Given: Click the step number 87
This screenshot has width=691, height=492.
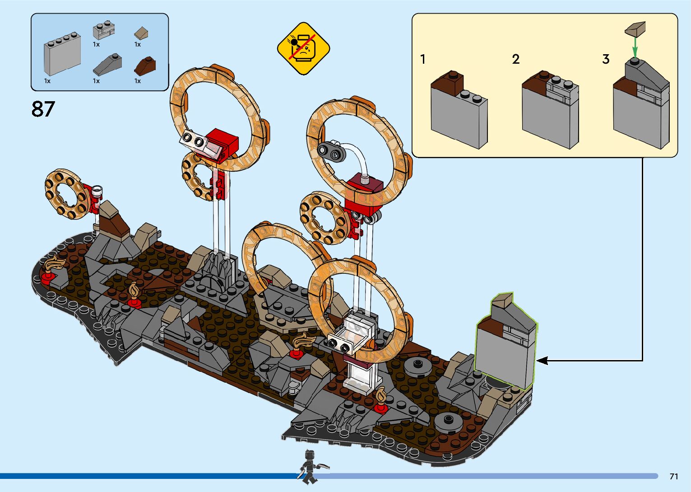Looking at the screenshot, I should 43,109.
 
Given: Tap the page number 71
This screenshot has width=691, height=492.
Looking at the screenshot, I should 674,476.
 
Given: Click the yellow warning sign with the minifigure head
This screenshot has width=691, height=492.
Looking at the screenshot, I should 303,48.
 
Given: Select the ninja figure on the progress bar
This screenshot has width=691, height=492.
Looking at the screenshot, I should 309,467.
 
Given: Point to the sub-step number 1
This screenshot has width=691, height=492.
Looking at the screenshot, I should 423,59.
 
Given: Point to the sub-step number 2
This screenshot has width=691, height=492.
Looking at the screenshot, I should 516,59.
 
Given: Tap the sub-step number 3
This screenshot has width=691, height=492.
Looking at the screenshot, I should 606,59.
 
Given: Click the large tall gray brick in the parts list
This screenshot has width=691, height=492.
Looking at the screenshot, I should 62,53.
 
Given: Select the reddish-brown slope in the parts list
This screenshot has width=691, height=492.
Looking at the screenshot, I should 145,66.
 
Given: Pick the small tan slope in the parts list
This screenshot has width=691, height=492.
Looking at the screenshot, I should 142,33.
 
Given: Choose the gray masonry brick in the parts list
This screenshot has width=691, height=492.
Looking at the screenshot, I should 104,30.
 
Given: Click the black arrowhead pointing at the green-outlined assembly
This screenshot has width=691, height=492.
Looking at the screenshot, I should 542,361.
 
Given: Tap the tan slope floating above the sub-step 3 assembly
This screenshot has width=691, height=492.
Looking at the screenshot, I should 635,28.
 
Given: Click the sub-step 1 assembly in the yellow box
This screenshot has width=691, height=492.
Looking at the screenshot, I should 458,111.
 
